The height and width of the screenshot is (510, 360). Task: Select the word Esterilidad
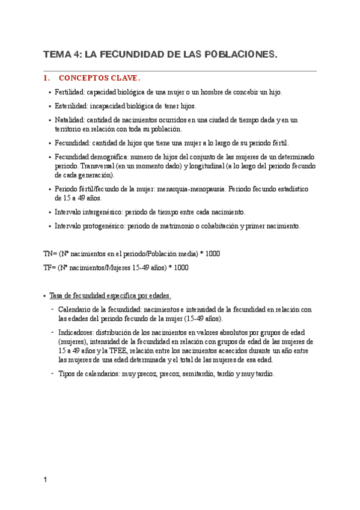(70, 106)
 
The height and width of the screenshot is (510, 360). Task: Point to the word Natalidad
(69, 120)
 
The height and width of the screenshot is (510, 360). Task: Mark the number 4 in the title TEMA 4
(76, 55)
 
